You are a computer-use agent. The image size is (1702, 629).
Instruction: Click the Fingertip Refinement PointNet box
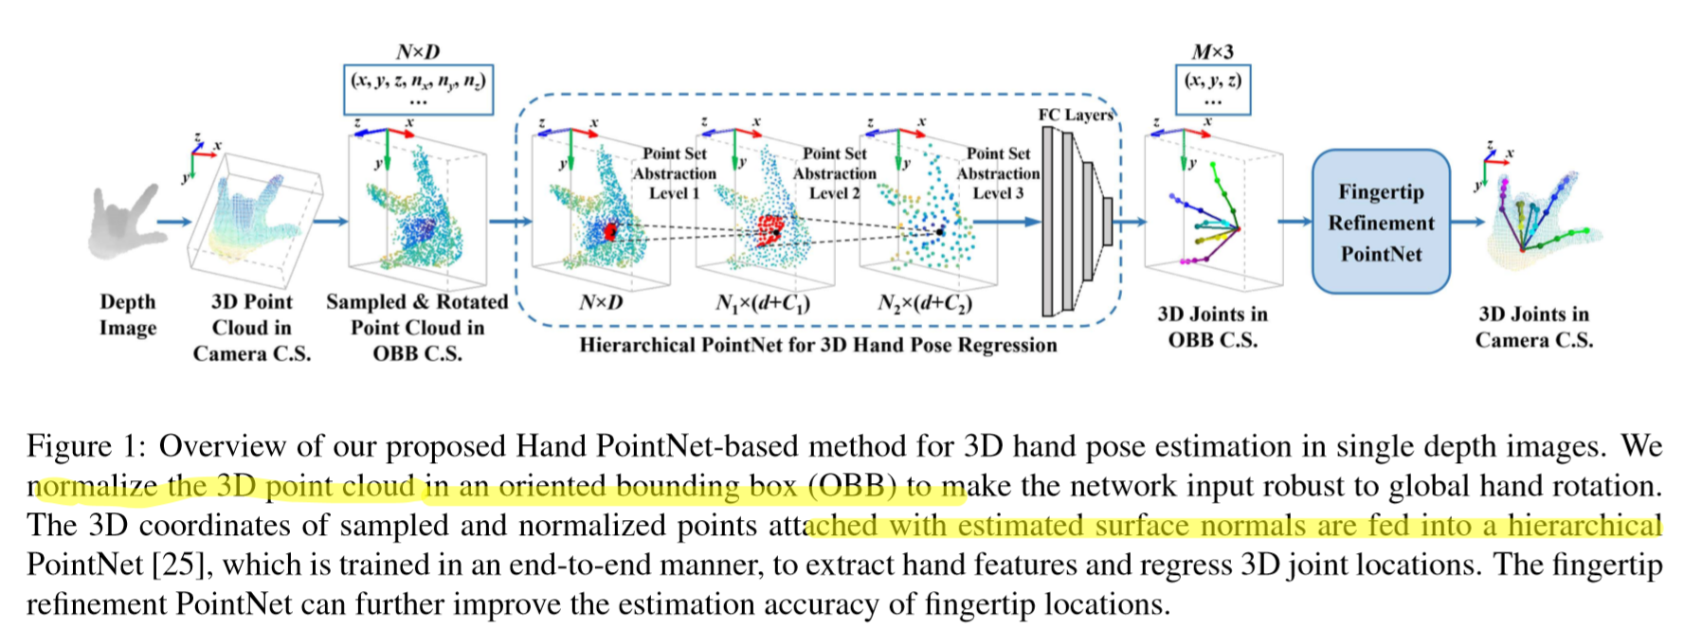tap(1380, 222)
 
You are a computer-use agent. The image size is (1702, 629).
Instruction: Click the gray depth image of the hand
tap(121, 222)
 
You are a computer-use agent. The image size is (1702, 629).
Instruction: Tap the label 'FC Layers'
tap(1076, 115)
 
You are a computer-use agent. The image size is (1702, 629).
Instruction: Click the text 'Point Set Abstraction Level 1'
tap(674, 173)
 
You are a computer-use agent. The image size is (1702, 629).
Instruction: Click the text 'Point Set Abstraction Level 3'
tap(998, 173)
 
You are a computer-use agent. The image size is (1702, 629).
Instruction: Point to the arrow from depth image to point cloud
tap(173, 222)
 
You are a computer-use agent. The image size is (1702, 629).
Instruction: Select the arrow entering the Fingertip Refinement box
tap(1294, 222)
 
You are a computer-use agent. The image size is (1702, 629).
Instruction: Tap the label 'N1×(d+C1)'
tap(762, 303)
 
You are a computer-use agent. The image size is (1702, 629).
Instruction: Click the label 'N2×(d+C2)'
tap(924, 303)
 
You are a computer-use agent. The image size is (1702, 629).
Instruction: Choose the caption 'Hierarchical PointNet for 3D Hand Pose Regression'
tap(818, 345)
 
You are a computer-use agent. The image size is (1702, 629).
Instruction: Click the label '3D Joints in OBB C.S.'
tap(1212, 327)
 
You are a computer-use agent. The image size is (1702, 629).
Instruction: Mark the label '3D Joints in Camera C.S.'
tap(1533, 327)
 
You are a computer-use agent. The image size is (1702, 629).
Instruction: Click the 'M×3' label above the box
tap(1212, 52)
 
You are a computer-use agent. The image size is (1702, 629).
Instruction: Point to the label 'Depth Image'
tap(127, 314)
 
